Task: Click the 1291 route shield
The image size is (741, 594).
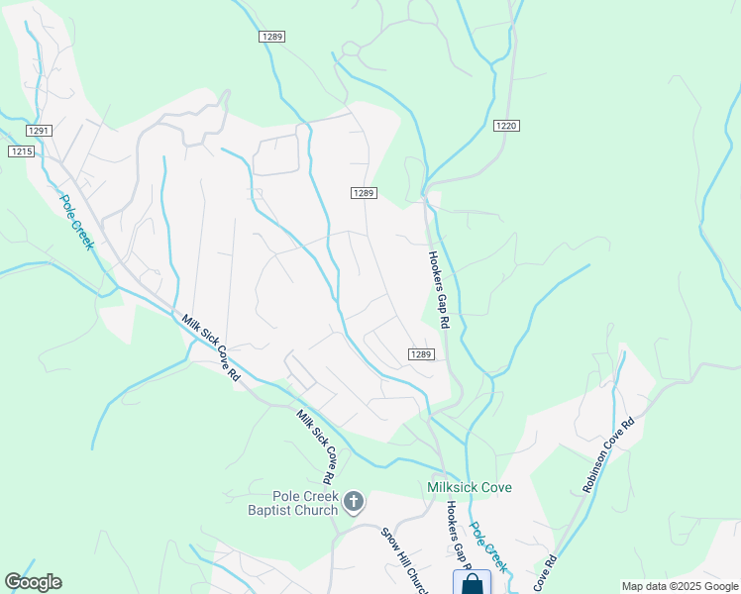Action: (39, 131)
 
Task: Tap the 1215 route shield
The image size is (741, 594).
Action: (21, 150)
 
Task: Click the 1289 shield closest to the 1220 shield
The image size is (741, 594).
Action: (363, 193)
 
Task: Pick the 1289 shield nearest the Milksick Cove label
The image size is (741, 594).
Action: (421, 354)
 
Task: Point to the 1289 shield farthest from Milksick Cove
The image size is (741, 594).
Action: (272, 37)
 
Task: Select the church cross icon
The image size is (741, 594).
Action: (354, 504)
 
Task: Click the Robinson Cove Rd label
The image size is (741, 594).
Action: (608, 455)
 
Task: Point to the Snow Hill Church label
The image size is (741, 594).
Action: (407, 560)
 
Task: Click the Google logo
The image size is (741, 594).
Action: (33, 582)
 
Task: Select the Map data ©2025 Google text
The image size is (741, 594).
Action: (679, 586)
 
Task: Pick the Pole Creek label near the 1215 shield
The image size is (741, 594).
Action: (76, 222)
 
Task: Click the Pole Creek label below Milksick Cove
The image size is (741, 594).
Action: (488, 547)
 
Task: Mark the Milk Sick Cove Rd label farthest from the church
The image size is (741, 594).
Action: (212, 347)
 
